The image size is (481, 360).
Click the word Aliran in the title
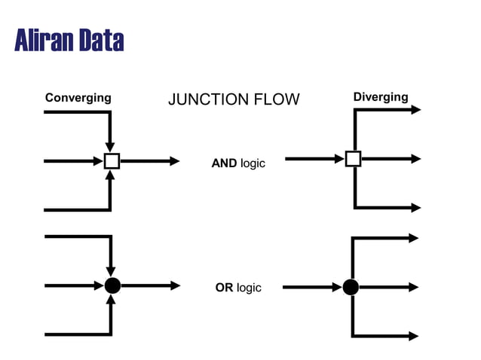pyautogui.click(x=44, y=40)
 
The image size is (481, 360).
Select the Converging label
pyautogui.click(x=78, y=98)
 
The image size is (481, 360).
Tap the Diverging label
pyautogui.click(x=380, y=97)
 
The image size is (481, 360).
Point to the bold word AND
pyautogui.click(x=224, y=163)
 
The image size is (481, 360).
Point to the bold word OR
pyautogui.click(x=224, y=288)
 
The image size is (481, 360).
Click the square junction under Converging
pyautogui.click(x=112, y=160)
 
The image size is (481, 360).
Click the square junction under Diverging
pyautogui.click(x=353, y=159)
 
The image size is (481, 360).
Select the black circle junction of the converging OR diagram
pyautogui.click(x=112, y=285)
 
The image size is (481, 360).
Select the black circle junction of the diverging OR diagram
pyautogui.click(x=351, y=287)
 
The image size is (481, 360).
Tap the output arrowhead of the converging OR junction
pyautogui.click(x=175, y=285)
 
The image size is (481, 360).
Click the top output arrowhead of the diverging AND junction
pyautogui.click(x=415, y=109)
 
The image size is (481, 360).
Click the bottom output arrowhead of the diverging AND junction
pyautogui.click(x=415, y=208)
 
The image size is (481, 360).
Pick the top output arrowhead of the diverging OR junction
pyautogui.click(x=413, y=238)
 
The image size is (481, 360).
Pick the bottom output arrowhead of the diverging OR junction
pyautogui.click(x=413, y=336)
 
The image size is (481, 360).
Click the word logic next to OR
pyautogui.click(x=249, y=288)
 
